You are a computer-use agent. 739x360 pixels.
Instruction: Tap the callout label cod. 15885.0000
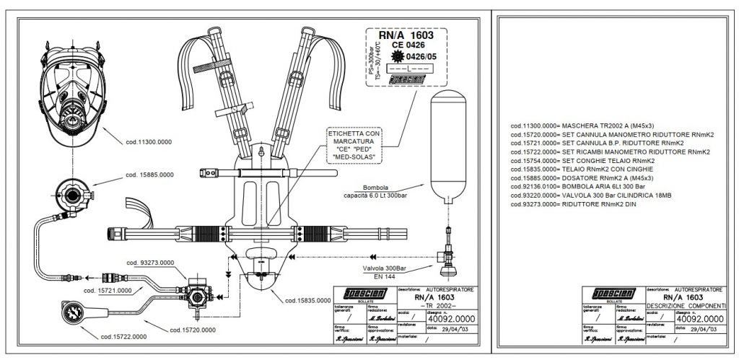click(x=150, y=175)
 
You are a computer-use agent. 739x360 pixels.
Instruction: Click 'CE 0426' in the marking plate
click(x=408, y=45)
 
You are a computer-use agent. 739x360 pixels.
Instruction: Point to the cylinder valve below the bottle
click(x=447, y=257)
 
